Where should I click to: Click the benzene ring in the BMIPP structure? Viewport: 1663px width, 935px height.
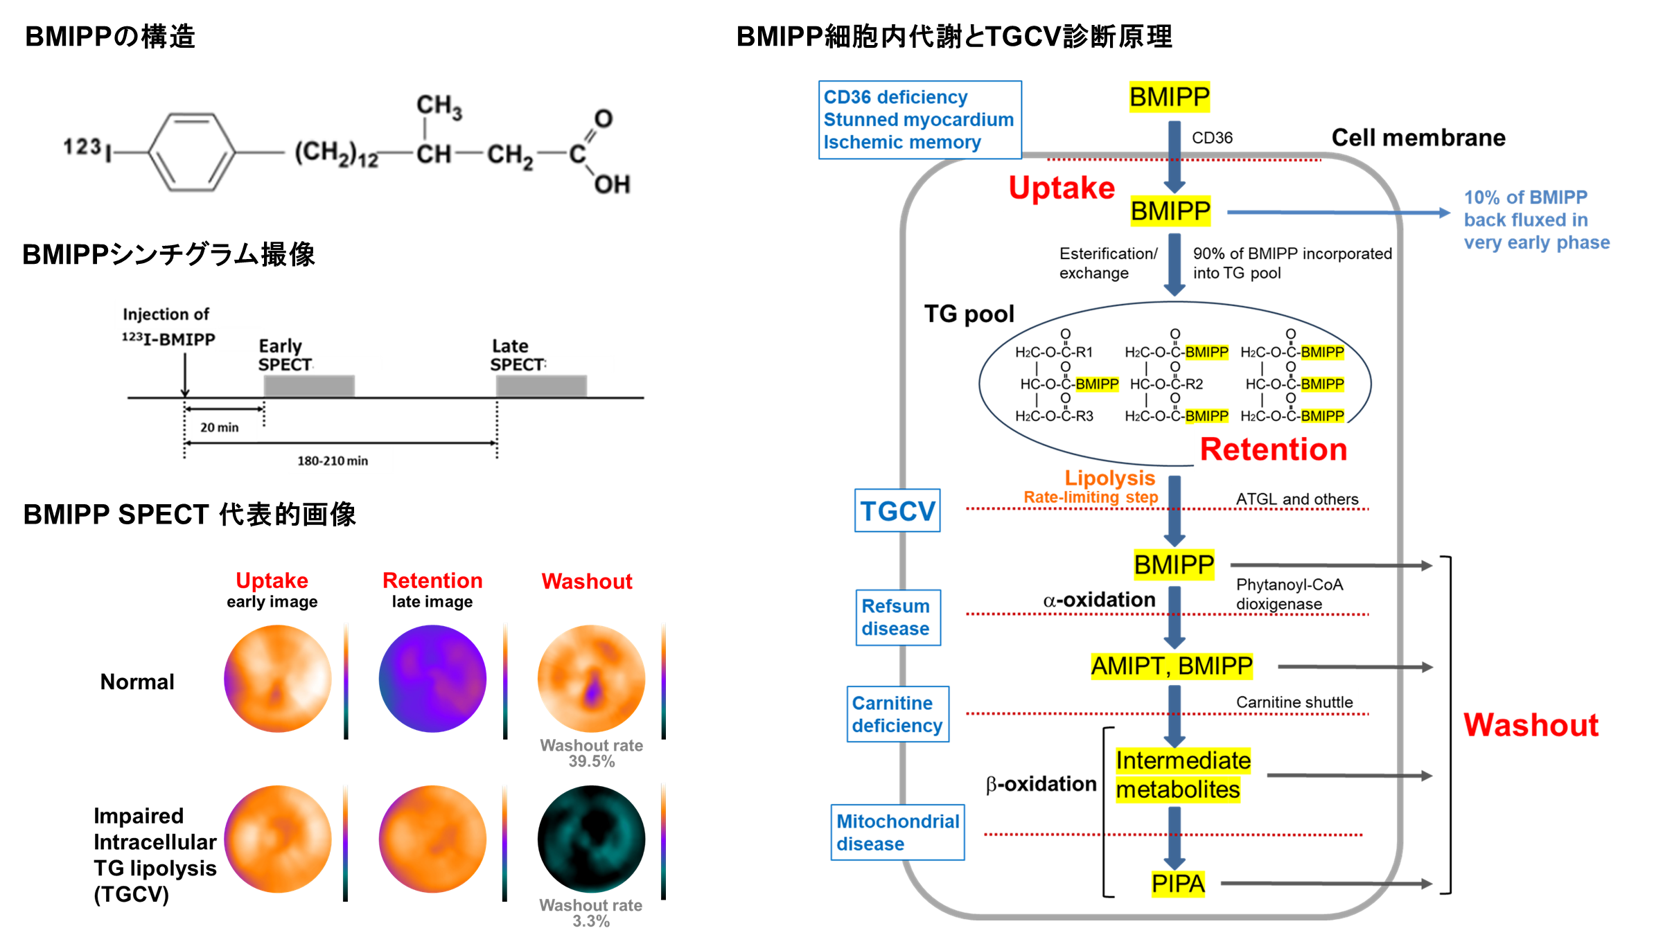(x=192, y=152)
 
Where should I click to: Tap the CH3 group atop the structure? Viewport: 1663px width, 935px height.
(x=439, y=107)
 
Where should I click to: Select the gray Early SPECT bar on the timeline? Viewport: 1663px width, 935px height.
(x=309, y=386)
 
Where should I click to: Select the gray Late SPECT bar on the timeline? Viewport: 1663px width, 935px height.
(x=541, y=386)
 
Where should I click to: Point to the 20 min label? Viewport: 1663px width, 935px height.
(x=220, y=427)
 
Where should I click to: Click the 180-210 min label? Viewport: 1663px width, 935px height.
(x=333, y=461)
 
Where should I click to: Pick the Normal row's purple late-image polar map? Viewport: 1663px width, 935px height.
(x=432, y=679)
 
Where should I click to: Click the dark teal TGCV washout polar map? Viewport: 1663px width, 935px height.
(x=591, y=839)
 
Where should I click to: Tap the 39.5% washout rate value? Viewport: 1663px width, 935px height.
(x=591, y=761)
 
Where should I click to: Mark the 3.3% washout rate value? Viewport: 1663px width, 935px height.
(x=591, y=921)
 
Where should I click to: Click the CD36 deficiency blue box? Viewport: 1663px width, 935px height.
(x=920, y=120)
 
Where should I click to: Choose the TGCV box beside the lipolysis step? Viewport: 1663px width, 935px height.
(x=897, y=510)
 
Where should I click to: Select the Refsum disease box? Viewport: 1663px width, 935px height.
(x=898, y=617)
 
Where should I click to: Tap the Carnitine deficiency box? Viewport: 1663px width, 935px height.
(x=897, y=714)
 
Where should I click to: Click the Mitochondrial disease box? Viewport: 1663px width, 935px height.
(x=897, y=832)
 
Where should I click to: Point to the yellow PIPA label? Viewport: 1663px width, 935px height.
(x=1178, y=884)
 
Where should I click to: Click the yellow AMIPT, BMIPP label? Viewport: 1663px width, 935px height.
(x=1172, y=666)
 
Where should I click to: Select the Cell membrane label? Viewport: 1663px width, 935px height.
(x=1418, y=138)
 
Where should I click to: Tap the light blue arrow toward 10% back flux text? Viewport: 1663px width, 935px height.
(x=1339, y=213)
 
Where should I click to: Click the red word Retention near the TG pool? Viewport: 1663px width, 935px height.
(x=1274, y=449)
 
